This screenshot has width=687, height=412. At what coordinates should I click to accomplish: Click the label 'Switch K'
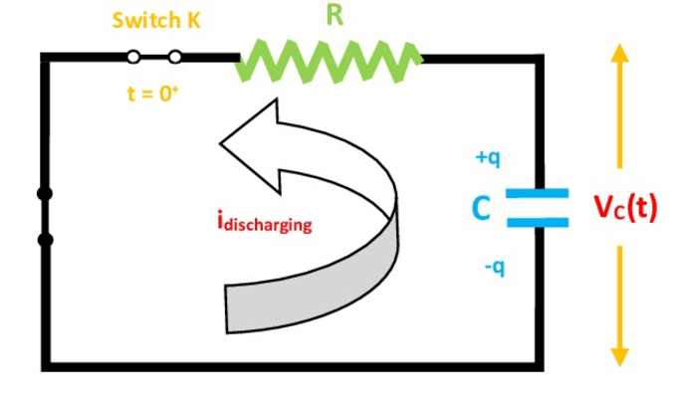[x=156, y=20]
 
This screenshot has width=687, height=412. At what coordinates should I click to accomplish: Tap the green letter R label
[x=335, y=15]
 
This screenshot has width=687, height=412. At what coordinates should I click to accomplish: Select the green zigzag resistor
[x=329, y=61]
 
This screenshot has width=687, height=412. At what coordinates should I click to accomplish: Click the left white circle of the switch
[x=133, y=57]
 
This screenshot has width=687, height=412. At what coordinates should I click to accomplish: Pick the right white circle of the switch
[x=175, y=57]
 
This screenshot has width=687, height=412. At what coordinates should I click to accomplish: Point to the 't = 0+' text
[x=153, y=94]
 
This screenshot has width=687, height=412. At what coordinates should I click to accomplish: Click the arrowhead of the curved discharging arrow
[x=250, y=145]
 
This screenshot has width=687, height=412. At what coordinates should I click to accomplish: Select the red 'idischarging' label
[x=265, y=222]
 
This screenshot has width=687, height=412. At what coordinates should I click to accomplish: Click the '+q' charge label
[x=488, y=158]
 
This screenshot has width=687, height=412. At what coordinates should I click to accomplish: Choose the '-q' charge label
[x=495, y=267]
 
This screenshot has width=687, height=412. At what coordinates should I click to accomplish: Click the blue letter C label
[x=481, y=208]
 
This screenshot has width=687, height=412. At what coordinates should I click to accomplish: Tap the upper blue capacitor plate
[x=538, y=193]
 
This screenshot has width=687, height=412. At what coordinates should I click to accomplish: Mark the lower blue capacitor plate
[x=538, y=222]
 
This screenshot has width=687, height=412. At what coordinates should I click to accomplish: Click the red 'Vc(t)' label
[x=625, y=207]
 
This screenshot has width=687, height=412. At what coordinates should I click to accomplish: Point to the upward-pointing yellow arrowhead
[x=619, y=53]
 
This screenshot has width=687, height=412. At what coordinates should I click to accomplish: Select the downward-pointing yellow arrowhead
[x=620, y=357]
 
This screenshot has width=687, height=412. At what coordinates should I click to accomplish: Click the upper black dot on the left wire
[x=45, y=193]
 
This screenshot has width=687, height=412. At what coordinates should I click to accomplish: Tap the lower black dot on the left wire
[x=45, y=240]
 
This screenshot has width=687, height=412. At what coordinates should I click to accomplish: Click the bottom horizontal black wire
[x=293, y=367]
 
